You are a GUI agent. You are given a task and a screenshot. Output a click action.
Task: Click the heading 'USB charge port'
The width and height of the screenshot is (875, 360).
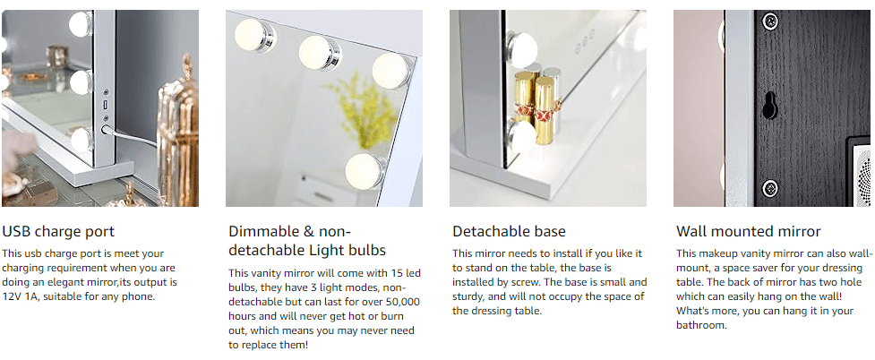click(58, 232)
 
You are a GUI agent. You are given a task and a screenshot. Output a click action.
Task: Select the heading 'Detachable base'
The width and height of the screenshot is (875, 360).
click(509, 232)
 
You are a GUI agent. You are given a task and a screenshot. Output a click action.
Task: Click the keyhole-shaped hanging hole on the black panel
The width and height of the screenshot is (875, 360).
click(769, 106)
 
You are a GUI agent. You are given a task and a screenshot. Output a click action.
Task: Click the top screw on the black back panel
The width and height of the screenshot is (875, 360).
click(768, 21)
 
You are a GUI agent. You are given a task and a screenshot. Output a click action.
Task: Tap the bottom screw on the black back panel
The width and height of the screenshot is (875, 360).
click(768, 188)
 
